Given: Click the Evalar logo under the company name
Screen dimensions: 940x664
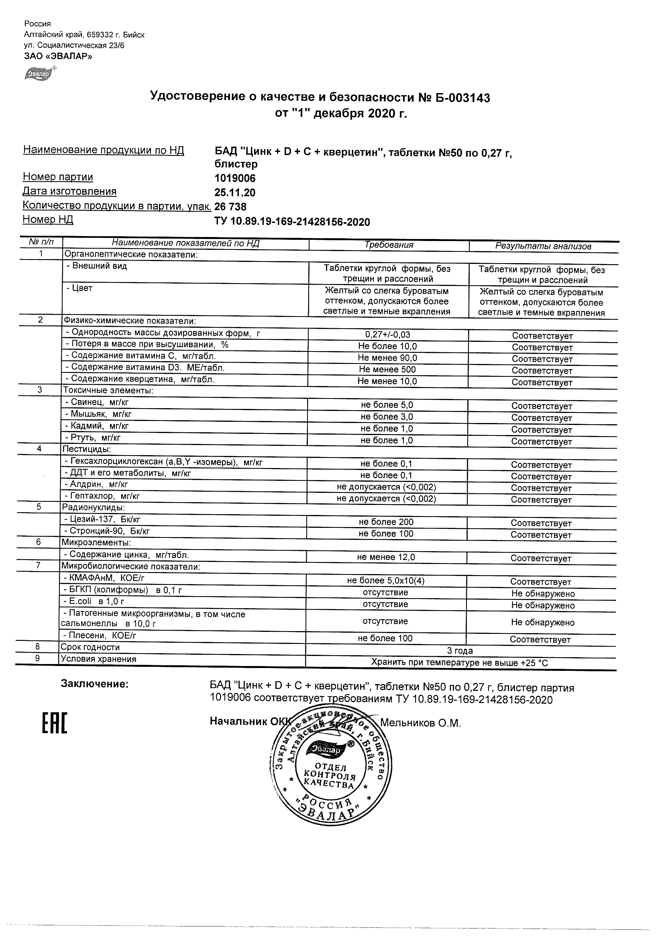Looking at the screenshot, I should click(x=40, y=74).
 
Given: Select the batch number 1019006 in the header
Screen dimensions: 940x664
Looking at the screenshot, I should click(x=235, y=178).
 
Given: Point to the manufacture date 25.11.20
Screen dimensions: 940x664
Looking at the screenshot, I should click(x=235, y=192).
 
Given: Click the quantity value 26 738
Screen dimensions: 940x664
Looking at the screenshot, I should click(x=230, y=206).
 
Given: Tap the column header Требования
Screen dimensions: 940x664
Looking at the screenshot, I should click(x=389, y=245).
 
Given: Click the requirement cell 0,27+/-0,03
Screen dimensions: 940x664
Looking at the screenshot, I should click(x=387, y=335).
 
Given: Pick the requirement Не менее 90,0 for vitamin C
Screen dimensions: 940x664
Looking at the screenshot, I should click(x=387, y=358).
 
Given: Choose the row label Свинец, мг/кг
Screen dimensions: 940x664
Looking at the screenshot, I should click(x=97, y=403).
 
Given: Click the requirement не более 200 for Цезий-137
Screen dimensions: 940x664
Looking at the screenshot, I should click(x=386, y=522).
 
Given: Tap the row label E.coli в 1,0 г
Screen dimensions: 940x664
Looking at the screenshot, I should click(x=94, y=601).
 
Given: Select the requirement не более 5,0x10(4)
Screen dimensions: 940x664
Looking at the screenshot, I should click(x=386, y=580).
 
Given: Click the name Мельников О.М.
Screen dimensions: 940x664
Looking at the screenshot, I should click(x=420, y=723).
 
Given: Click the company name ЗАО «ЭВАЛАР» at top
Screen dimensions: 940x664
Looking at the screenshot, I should click(x=58, y=56).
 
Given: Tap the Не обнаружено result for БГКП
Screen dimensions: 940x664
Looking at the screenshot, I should click(x=542, y=594).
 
